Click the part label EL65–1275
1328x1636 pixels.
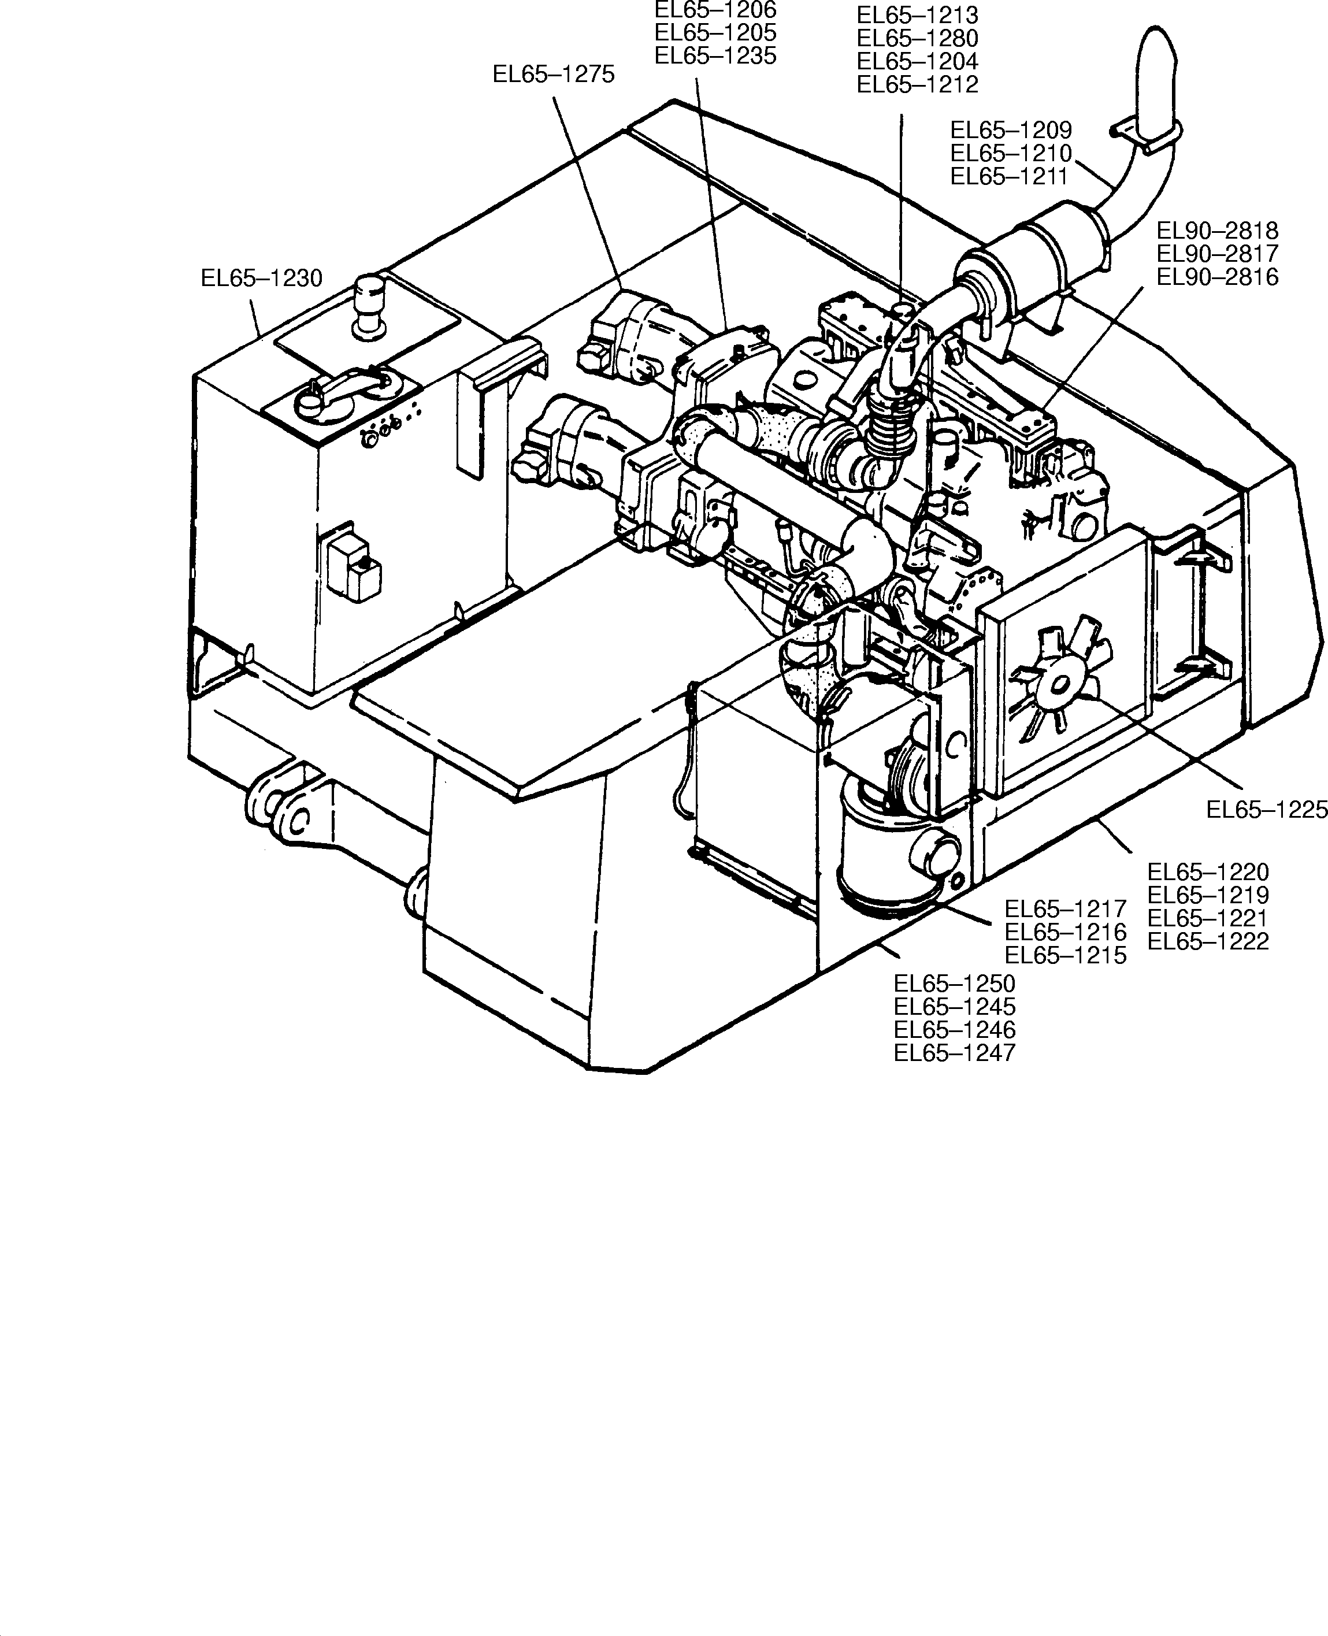point(553,74)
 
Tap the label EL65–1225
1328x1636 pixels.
point(1266,809)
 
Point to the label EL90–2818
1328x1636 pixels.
point(1217,230)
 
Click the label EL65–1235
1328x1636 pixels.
point(715,56)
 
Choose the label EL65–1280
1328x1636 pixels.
point(917,38)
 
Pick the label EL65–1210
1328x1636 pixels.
point(1011,153)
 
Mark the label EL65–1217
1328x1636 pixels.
point(1065,908)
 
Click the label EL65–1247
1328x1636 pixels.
point(954,1052)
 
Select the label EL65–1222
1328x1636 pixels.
point(1208,941)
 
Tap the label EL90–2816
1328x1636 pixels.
point(1217,277)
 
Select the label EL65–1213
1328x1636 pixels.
point(917,15)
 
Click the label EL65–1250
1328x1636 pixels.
point(954,984)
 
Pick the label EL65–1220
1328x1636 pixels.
point(1208,872)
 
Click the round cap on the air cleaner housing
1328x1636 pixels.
point(935,855)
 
